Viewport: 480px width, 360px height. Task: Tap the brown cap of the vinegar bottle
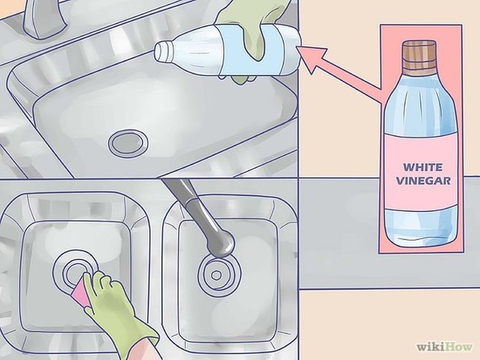click(x=418, y=55)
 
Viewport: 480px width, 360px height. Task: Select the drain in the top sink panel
click(x=129, y=142)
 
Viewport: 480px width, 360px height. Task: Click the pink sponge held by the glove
click(x=81, y=290)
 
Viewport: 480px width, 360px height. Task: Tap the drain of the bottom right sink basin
click(x=218, y=275)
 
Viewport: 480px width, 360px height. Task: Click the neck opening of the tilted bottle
click(x=161, y=51)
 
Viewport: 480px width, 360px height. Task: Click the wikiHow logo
click(x=445, y=347)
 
